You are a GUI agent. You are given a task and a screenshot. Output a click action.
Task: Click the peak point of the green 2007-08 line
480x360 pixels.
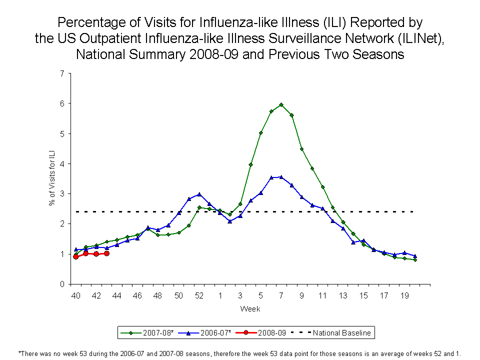click(x=281, y=104)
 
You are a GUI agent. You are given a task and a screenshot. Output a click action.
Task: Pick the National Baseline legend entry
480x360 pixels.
click(x=340, y=332)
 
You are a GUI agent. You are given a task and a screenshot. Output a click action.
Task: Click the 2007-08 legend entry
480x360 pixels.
click(x=145, y=332)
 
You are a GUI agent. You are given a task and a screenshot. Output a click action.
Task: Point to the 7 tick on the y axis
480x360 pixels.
click(x=62, y=73)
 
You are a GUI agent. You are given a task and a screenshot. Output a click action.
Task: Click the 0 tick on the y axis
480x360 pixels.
click(x=62, y=284)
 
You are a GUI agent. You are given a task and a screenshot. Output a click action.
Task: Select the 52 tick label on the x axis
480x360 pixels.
click(x=199, y=295)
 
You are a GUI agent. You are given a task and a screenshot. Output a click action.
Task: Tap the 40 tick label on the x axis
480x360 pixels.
click(x=75, y=295)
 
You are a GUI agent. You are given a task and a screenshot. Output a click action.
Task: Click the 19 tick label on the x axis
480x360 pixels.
click(x=404, y=295)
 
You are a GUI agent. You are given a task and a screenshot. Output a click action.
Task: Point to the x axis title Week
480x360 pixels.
click(x=250, y=309)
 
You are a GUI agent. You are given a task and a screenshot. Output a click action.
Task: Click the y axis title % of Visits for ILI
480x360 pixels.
click(x=52, y=179)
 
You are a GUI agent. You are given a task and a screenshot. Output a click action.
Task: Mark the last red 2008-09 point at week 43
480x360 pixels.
click(x=106, y=253)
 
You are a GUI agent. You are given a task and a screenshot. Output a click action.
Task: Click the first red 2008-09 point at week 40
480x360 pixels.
click(x=75, y=256)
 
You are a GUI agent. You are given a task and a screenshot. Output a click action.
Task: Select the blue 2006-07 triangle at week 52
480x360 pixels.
click(x=199, y=194)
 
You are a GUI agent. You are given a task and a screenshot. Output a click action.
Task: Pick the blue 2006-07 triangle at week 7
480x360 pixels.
click(x=281, y=177)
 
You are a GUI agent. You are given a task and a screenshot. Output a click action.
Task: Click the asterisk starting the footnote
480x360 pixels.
click(x=19, y=353)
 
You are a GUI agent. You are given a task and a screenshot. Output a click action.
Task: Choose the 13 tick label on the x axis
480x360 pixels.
click(x=343, y=295)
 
